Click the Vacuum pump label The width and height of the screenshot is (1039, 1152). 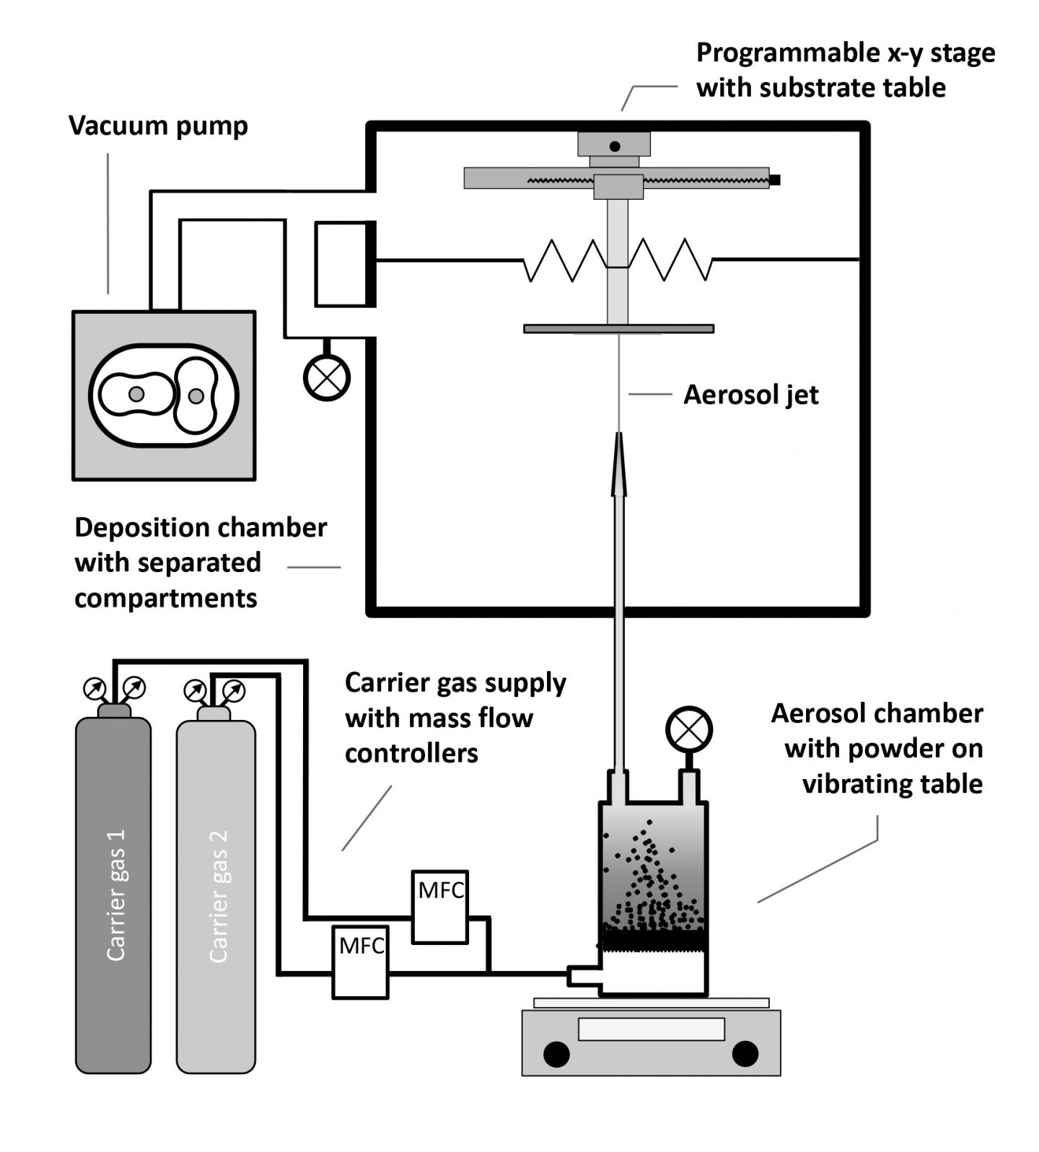(158, 126)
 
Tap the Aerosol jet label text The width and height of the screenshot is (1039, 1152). (750, 395)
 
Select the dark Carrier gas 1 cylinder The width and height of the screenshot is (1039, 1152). (113, 894)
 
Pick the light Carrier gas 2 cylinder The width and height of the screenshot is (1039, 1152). (216, 894)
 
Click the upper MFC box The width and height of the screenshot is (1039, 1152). (440, 907)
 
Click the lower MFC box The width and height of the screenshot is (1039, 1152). (360, 962)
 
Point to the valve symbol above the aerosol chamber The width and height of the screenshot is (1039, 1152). (689, 729)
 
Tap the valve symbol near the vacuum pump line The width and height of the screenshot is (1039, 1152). (327, 377)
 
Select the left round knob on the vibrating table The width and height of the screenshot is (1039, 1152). (556, 1054)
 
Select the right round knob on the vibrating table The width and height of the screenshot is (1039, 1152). (745, 1054)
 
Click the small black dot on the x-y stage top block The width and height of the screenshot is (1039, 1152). (615, 146)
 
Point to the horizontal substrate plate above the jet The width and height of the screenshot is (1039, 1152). (618, 329)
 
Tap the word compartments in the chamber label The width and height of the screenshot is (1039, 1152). (165, 598)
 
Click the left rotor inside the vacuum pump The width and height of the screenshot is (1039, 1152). (136, 395)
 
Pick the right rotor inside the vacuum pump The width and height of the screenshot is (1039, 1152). (196, 395)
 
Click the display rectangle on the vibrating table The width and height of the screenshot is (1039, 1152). (651, 1029)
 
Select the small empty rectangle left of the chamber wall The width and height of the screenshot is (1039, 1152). (341, 264)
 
